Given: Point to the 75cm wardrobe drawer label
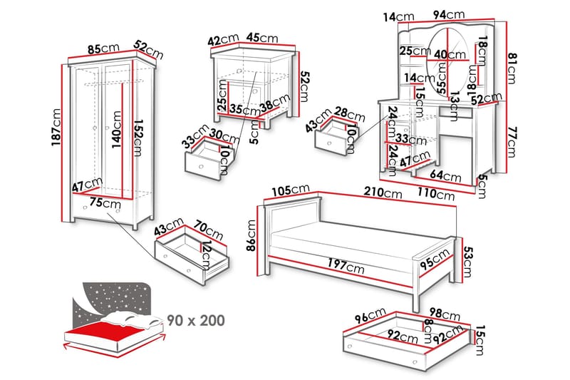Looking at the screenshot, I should coord(101,202).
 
